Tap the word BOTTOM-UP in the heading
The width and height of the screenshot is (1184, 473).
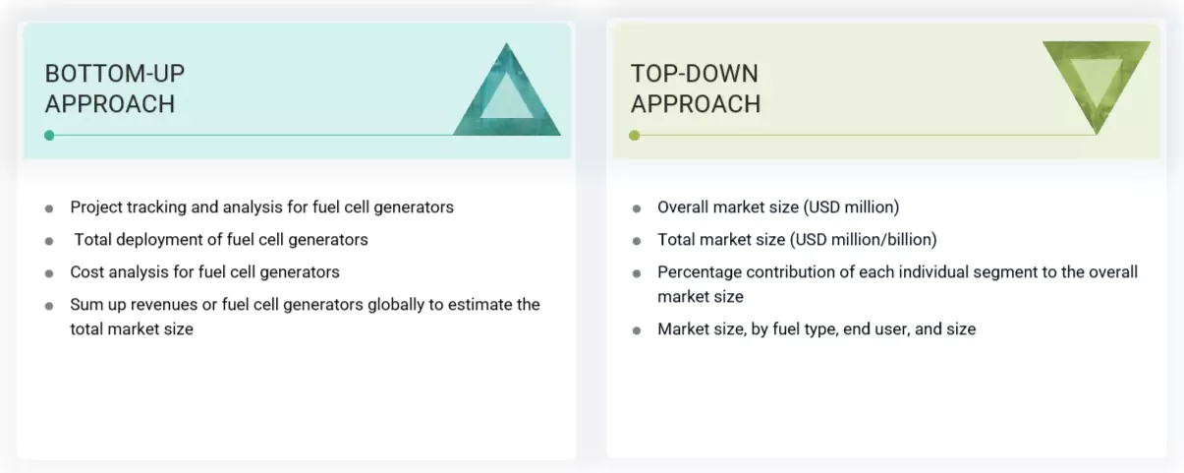point(114,73)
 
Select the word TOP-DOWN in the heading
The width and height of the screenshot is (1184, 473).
point(694,73)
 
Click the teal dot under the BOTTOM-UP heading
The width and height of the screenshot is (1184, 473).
point(49,136)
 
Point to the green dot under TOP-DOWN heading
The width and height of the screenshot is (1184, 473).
point(635,136)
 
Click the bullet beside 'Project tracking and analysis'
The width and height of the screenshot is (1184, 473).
point(49,208)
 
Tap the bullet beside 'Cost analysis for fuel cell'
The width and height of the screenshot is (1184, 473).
point(49,272)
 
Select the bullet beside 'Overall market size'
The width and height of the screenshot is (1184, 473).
point(636,208)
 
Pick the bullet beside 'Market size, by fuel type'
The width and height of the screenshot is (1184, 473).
point(636,330)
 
